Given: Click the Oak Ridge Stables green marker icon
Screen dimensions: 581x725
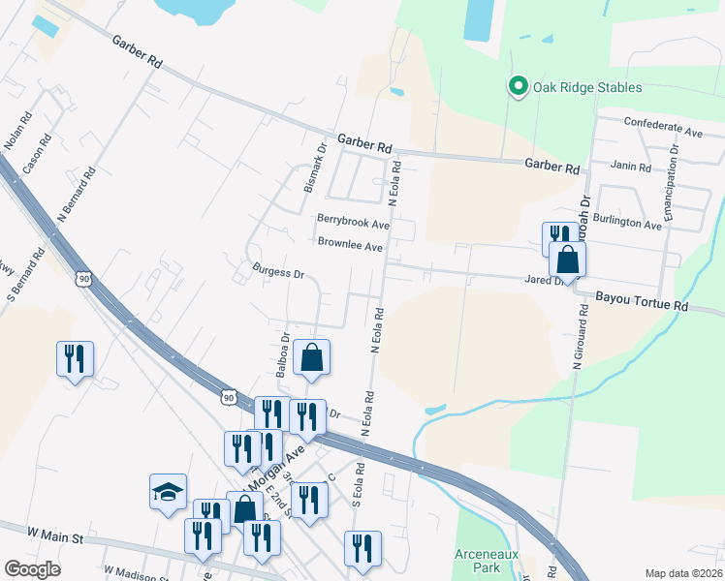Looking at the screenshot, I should tap(518, 87).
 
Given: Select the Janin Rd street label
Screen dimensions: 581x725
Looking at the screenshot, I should tap(631, 167).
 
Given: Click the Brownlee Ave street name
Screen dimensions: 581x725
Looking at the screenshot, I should tap(350, 246).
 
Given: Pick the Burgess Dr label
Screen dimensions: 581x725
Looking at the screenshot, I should tap(278, 272).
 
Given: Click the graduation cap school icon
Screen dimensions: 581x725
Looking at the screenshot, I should tap(168, 491).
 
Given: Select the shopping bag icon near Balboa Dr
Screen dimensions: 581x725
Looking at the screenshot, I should tap(312, 357).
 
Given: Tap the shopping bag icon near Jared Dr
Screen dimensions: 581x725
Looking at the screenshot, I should tap(567, 259).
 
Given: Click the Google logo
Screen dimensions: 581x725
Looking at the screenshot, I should tap(33, 569).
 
